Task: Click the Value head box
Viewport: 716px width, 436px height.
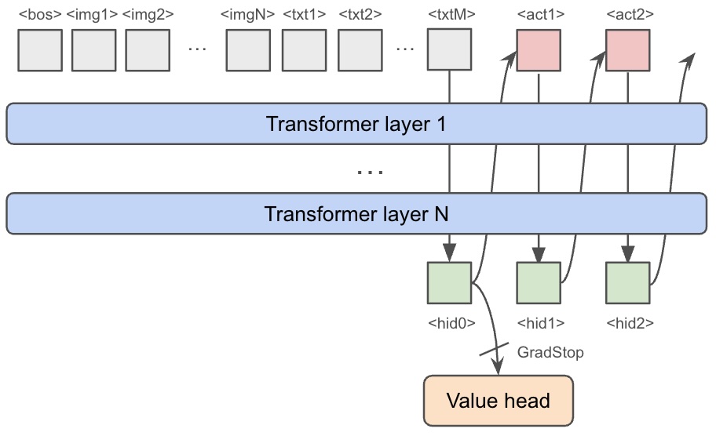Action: (x=498, y=401)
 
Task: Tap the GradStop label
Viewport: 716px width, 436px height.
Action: (x=550, y=352)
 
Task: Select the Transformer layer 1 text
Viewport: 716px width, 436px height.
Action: (x=356, y=125)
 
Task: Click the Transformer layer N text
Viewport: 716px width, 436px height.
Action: (x=356, y=214)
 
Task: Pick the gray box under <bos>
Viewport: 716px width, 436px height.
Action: (x=40, y=50)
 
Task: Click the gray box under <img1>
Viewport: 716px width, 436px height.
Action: (x=93, y=50)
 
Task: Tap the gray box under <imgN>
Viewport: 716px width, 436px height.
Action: (x=248, y=50)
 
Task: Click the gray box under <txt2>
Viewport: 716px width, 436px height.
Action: (x=360, y=50)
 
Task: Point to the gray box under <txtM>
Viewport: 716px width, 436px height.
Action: (x=448, y=50)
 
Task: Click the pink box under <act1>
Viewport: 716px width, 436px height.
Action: (x=538, y=50)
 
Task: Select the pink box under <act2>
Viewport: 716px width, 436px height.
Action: (x=627, y=50)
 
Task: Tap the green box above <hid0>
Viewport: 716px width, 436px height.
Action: (x=448, y=283)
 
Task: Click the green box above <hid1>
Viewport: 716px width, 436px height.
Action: (x=538, y=283)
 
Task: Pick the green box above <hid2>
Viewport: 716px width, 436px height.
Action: (x=627, y=283)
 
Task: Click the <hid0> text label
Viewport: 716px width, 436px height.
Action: (x=448, y=322)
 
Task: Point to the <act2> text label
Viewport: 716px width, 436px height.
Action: (x=627, y=13)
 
